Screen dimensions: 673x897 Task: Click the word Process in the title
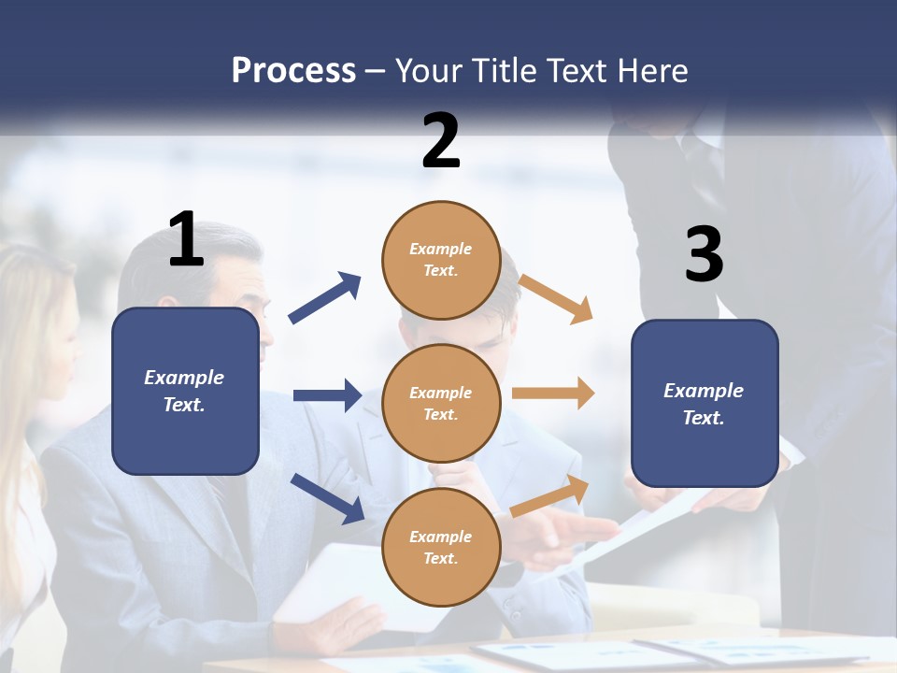(x=293, y=70)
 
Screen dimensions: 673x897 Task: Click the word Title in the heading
(x=501, y=70)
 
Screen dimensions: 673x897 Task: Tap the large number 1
(x=186, y=239)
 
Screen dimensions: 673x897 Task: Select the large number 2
(x=441, y=140)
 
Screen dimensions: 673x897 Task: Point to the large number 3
(x=704, y=254)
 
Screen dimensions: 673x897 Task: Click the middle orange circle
(x=441, y=403)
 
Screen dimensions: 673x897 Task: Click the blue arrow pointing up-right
(x=325, y=298)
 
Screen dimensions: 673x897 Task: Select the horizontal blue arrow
(x=327, y=395)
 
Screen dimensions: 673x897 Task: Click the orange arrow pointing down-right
(x=556, y=298)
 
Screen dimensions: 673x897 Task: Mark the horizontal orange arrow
(x=553, y=394)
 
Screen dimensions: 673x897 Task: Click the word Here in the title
(x=653, y=70)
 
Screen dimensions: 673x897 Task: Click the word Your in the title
(x=429, y=70)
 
